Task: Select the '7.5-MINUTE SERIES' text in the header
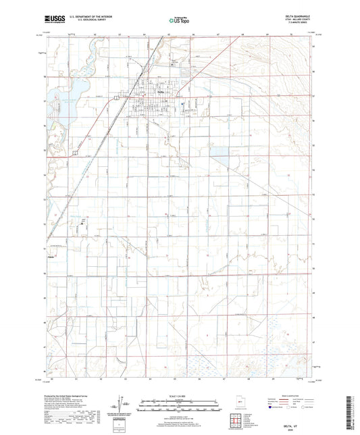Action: tap(298, 26)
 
